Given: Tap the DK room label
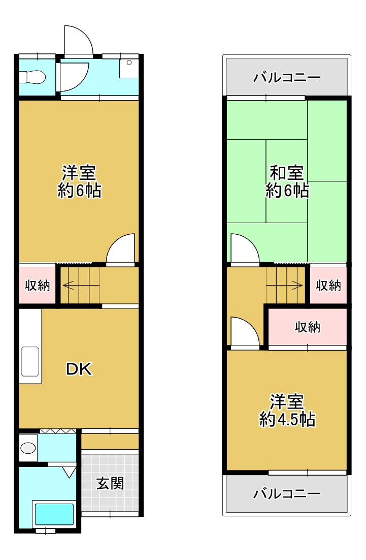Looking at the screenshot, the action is pyautogui.click(x=79, y=369).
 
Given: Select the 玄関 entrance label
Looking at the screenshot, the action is pyautogui.click(x=110, y=484).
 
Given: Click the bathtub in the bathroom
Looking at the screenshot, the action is pyautogui.click(x=54, y=514).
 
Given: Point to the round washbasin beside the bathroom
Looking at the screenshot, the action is pyautogui.click(x=28, y=448).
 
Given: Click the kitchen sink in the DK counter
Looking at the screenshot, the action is pyautogui.click(x=30, y=361).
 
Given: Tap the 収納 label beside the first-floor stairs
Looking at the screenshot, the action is pyautogui.click(x=37, y=286).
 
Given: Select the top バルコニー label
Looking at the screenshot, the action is pyautogui.click(x=287, y=77).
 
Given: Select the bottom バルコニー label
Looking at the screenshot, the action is pyautogui.click(x=287, y=493).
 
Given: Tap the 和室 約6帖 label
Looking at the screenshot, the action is pyautogui.click(x=287, y=181).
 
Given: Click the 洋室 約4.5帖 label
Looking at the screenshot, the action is pyautogui.click(x=287, y=411).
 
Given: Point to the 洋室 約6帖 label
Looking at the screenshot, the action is pyautogui.click(x=79, y=181).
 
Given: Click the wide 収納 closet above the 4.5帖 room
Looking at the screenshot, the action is pyautogui.click(x=308, y=327).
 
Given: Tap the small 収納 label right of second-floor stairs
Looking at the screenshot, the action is pyautogui.click(x=328, y=286).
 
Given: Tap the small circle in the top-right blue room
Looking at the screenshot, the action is pyautogui.click(x=129, y=63).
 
